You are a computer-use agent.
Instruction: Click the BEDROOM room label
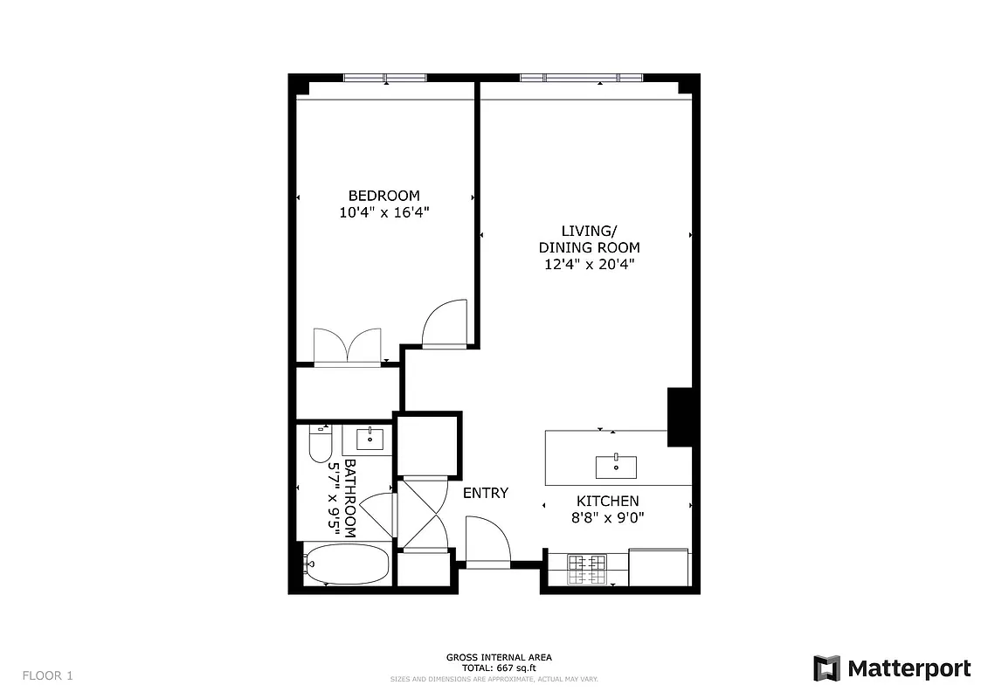(x=383, y=196)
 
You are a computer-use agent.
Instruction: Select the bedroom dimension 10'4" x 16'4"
(x=383, y=212)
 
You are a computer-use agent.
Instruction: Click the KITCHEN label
(x=607, y=502)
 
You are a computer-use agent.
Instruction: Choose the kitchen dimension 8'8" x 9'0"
(x=607, y=517)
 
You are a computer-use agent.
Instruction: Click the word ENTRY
(x=485, y=493)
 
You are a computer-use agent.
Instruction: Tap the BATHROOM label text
(x=350, y=498)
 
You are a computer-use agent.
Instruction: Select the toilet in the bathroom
(x=319, y=444)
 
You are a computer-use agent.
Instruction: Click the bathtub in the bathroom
(x=346, y=564)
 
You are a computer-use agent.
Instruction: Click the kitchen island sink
(x=616, y=467)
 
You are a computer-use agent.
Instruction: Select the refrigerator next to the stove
(x=659, y=568)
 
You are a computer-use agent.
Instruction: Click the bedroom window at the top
(x=385, y=78)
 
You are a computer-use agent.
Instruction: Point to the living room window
(x=581, y=78)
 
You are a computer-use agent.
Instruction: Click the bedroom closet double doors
(x=348, y=347)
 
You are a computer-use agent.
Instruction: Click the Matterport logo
(x=892, y=668)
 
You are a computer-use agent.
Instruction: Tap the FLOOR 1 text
(x=48, y=675)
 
